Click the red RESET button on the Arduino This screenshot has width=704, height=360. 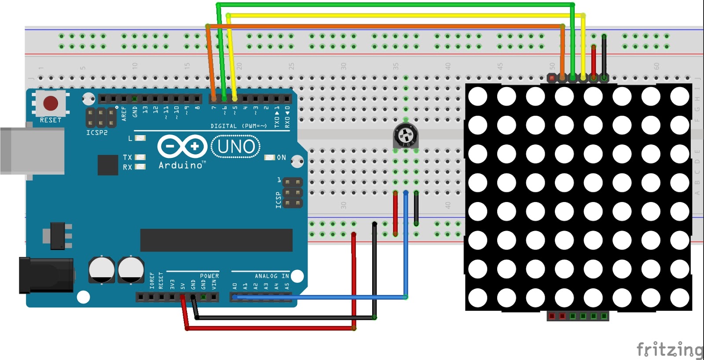point(51,103)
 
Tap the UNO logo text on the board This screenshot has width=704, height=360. point(236,147)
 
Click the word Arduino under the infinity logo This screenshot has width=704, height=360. point(181,165)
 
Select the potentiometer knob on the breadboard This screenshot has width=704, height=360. point(405,136)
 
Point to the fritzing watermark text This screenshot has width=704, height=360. point(670,349)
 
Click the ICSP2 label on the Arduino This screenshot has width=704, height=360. point(97,132)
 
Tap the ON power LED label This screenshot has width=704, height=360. point(281,158)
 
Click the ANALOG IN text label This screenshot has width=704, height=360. point(272,276)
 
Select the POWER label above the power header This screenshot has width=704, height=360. point(209,276)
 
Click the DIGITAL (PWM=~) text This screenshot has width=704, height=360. point(238,126)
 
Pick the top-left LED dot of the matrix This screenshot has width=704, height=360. point(478,96)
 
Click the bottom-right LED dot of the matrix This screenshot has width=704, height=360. point(679,298)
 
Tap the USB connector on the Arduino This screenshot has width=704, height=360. point(31,151)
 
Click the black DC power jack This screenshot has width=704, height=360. point(46,276)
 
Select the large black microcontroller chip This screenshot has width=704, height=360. point(216,240)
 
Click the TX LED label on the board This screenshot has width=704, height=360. point(127,157)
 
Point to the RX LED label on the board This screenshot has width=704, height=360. point(127,167)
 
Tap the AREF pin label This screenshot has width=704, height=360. point(124,113)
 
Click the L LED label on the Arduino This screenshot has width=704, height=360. point(130,138)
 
